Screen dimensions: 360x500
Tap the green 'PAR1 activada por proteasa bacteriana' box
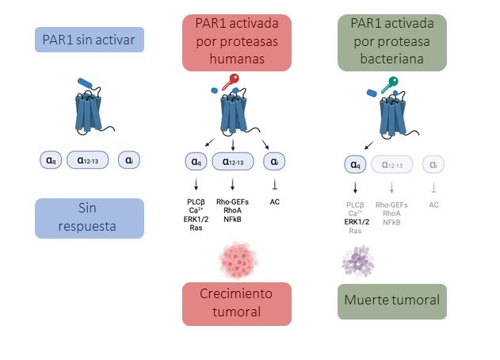point(391,40)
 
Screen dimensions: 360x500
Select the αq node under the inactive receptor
point(50,160)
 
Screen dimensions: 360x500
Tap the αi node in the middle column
point(274,161)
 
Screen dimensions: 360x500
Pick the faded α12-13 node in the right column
point(391,164)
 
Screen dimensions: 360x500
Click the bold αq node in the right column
point(355,164)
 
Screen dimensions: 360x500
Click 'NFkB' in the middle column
point(232,219)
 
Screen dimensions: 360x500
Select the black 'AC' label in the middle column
point(275,201)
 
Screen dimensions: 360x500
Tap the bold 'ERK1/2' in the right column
point(355,222)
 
